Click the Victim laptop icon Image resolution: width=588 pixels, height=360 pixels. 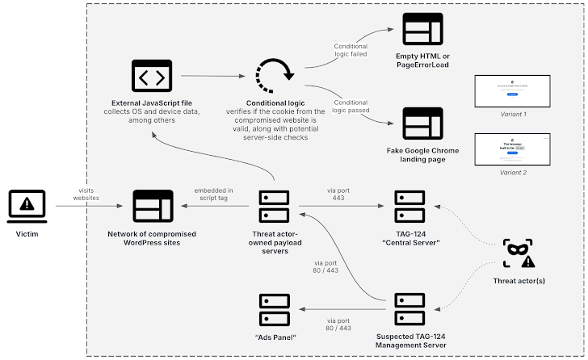point(27,206)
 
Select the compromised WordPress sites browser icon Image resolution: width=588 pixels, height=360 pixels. point(152,206)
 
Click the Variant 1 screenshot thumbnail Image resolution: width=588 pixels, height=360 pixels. point(512,91)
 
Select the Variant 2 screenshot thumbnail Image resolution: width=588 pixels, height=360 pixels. point(512,152)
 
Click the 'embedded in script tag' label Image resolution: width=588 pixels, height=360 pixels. point(214,195)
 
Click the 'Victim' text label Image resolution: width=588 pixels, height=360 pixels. point(27,233)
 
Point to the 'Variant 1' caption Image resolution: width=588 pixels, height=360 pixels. point(512,115)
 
